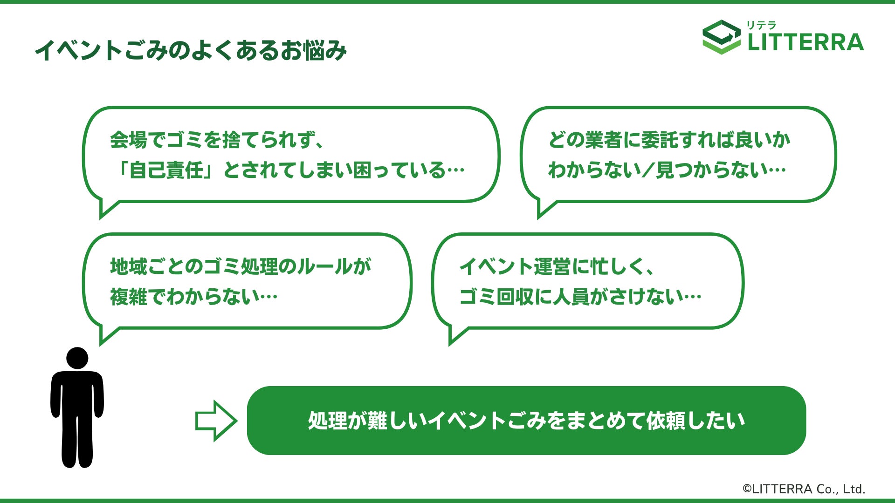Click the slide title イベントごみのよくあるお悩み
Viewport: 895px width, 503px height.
click(191, 51)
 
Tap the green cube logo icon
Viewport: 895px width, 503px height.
click(721, 37)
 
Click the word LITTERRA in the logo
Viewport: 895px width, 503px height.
click(805, 42)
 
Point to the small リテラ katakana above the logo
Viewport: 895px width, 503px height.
click(761, 25)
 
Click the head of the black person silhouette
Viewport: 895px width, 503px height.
click(77, 358)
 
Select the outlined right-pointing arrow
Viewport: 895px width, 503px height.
click(215, 421)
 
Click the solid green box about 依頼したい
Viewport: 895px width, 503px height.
click(526, 421)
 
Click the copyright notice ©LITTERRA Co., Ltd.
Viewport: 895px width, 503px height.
click(804, 489)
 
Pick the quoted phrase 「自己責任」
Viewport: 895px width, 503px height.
click(166, 170)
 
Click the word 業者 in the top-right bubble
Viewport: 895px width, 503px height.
click(604, 140)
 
